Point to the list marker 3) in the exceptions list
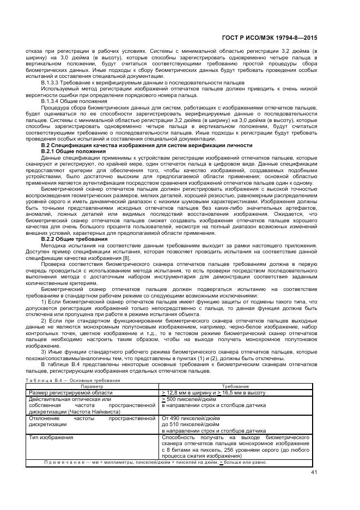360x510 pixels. (45, 351)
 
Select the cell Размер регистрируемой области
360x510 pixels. (68, 392)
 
